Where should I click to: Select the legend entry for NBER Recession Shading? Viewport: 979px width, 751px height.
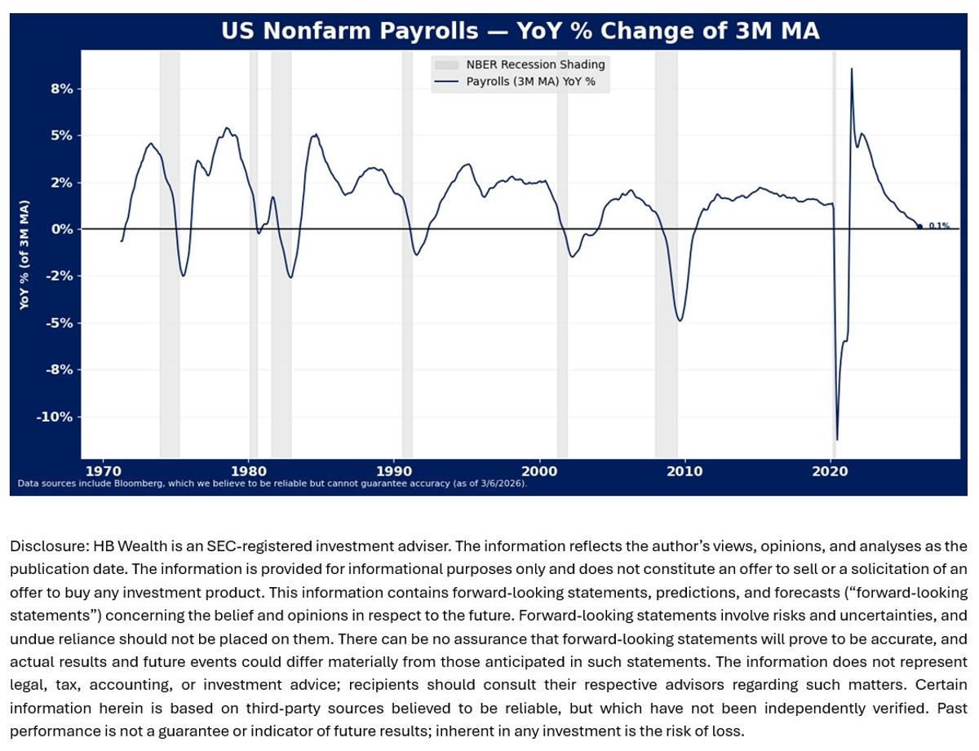click(535, 64)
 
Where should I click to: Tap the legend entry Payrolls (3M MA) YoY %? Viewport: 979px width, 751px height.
click(536, 82)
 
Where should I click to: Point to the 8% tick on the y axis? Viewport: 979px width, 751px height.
click(61, 88)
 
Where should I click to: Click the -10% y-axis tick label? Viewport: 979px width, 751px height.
click(55, 417)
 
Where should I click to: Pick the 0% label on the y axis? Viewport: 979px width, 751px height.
click(61, 229)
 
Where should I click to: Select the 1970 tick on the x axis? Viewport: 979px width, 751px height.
click(104, 470)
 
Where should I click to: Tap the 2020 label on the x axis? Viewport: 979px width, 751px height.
click(831, 470)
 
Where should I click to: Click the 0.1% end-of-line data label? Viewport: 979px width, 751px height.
click(938, 226)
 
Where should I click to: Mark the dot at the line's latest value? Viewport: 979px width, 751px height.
click(919, 227)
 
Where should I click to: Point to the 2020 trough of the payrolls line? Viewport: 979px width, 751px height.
click(836, 440)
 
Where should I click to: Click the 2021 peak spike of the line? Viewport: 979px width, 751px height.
click(852, 68)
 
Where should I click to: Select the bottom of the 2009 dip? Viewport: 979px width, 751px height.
click(680, 320)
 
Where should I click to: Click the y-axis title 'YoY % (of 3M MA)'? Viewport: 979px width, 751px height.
click(24, 254)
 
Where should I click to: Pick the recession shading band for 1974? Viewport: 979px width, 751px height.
click(170, 245)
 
